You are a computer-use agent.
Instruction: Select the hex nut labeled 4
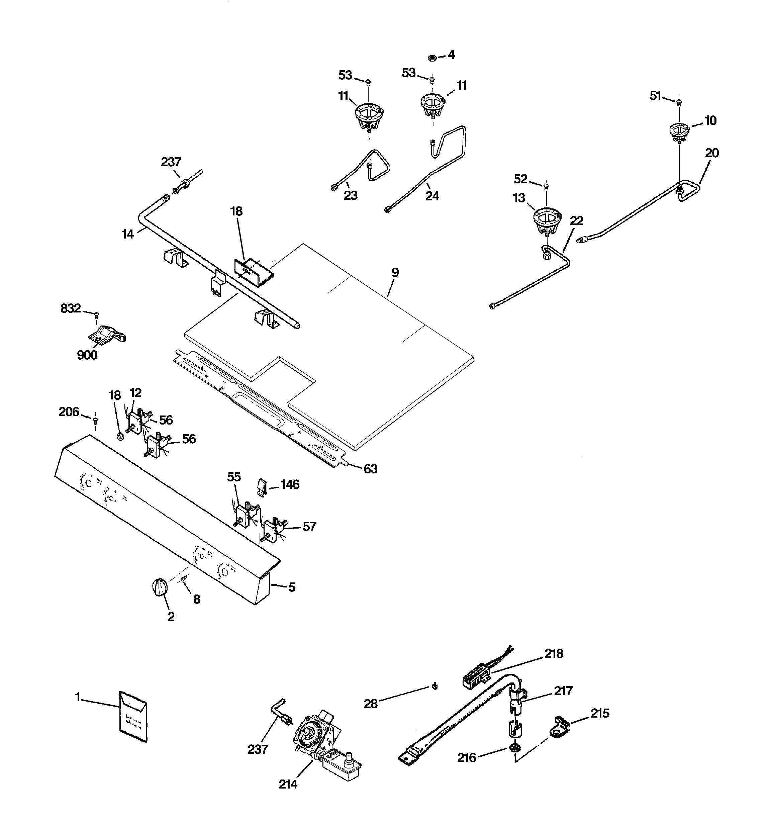[432, 57]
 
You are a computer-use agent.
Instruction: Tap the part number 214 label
[288, 784]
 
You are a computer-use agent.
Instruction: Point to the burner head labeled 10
[679, 131]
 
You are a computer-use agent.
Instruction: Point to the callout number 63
[370, 469]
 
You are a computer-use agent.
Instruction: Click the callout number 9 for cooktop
[395, 272]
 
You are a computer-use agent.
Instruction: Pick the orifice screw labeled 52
[547, 186]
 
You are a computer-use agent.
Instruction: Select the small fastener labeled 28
[434, 686]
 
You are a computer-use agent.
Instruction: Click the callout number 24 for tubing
[432, 196]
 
